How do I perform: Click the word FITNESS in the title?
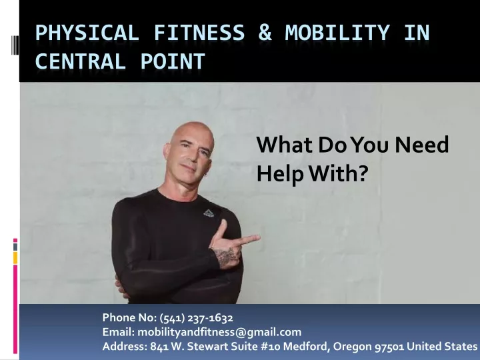coord(199,33)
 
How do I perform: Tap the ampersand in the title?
coord(265,33)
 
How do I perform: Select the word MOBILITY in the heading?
coord(337,33)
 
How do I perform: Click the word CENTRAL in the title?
coord(81,61)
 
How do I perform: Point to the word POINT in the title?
coord(173,61)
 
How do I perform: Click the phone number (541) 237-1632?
coord(196,318)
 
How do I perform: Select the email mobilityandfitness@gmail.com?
coord(219,332)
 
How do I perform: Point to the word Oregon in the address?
coord(353,347)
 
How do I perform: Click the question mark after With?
coord(362,173)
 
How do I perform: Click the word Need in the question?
coord(421,145)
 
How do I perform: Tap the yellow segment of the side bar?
coord(15,258)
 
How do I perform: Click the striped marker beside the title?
coord(15,45)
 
